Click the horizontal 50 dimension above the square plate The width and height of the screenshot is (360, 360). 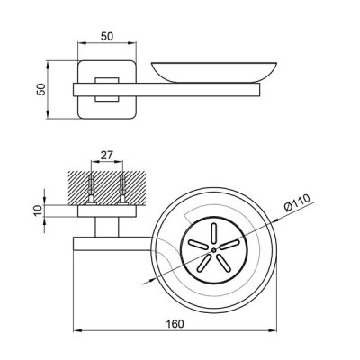(107, 37)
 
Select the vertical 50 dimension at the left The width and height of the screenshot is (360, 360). (41, 89)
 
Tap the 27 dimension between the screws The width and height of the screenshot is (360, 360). (106, 156)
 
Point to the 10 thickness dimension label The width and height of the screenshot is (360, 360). (39, 211)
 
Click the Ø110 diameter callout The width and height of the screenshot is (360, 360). (297, 202)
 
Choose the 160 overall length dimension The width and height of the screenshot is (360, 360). (175, 324)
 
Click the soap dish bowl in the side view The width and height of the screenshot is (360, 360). (214, 72)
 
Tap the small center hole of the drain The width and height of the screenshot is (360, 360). (213, 250)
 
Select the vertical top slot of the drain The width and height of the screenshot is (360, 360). (213, 233)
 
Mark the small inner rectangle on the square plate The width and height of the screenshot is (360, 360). (107, 89)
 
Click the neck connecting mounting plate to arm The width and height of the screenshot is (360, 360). (107, 227)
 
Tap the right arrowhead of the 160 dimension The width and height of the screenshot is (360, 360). (273, 331)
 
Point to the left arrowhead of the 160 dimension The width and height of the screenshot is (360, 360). (77, 331)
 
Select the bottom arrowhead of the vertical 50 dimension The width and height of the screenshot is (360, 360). (48, 114)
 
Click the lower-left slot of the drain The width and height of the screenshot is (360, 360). (202, 264)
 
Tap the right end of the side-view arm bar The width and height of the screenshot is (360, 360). (260, 90)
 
